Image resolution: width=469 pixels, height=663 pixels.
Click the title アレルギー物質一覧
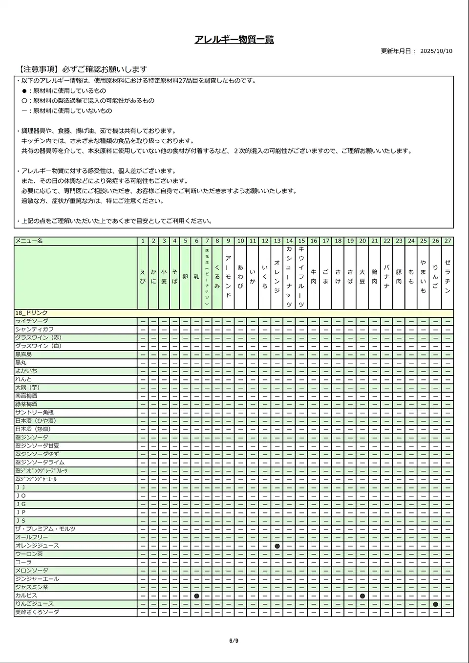click(234, 40)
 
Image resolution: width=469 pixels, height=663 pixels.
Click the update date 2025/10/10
click(436, 51)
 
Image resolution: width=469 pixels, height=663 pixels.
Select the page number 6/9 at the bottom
click(234, 641)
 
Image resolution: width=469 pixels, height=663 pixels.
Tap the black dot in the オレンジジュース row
click(277, 546)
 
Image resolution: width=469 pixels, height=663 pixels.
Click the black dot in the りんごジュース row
click(435, 604)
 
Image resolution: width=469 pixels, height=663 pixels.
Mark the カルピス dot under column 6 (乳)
click(196, 596)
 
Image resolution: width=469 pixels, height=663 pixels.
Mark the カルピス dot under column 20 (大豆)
click(362, 596)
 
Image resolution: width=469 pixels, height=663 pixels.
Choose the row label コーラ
click(23, 562)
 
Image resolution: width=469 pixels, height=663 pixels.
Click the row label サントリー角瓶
click(34, 413)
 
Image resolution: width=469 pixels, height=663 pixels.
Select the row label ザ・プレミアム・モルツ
click(45, 529)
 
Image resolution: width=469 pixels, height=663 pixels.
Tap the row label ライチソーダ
click(32, 321)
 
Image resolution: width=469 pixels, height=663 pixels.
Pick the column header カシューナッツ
click(289, 277)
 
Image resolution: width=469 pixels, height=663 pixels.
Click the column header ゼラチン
click(448, 277)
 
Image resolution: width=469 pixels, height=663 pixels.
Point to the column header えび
click(143, 277)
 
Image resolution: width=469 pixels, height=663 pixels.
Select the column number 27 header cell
click(448, 241)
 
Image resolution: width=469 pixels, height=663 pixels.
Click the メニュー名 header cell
click(29, 241)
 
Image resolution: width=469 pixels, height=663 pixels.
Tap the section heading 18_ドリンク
click(31, 313)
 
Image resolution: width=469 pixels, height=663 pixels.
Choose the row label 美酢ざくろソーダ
click(37, 612)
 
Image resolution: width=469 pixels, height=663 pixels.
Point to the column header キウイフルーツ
click(301, 277)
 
